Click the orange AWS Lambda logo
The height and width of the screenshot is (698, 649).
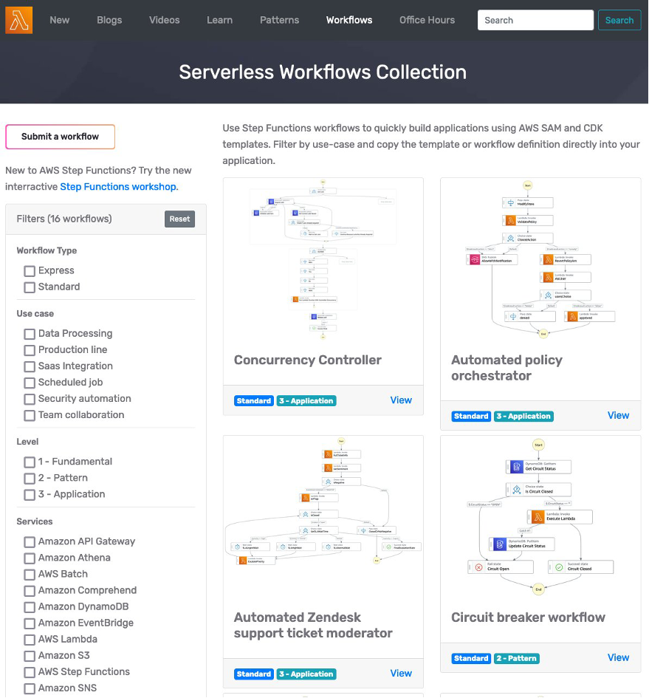pos(18,20)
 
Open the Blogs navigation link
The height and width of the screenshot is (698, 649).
pos(109,20)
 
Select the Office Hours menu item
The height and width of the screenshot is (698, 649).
pos(427,20)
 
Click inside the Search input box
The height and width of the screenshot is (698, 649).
pos(535,20)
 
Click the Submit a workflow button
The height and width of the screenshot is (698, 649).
pos(60,137)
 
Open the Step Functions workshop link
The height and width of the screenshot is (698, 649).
pos(118,187)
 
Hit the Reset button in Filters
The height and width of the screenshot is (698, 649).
pos(179,219)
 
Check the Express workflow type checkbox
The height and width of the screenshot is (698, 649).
pos(30,271)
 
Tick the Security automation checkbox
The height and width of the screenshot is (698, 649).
pos(30,399)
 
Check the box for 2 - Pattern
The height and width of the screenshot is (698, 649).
pos(30,479)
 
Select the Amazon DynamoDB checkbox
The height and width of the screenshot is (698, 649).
pos(30,607)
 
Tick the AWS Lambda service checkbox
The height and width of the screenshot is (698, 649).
pos(30,640)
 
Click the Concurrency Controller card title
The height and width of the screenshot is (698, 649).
pos(307,360)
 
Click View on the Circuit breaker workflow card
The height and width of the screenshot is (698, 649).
pos(618,657)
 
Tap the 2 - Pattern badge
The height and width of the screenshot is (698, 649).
pos(516,658)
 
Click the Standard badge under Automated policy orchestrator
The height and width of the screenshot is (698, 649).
pos(471,416)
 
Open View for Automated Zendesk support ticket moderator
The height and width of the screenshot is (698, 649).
pos(401,673)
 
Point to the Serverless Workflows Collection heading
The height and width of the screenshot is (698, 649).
pos(323,72)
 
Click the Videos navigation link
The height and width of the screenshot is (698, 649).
pos(164,20)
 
